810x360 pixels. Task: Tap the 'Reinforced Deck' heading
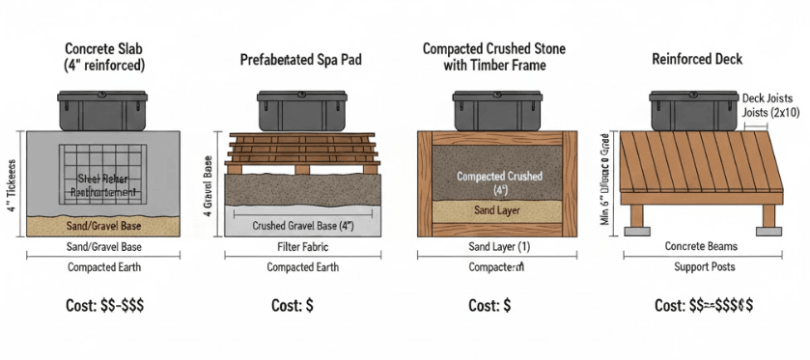[696, 59]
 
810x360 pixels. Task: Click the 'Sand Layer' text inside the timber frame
[495, 208]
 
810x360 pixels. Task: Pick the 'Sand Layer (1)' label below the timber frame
[495, 247]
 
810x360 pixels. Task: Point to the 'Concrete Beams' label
[697, 247]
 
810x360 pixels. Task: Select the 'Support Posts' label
[697, 267]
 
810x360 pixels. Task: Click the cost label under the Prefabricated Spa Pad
[297, 305]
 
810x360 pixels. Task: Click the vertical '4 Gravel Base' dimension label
[209, 182]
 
